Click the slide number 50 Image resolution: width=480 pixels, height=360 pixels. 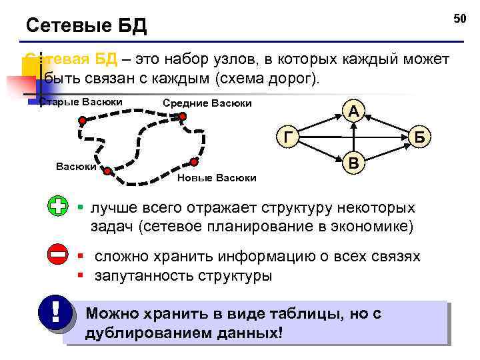pos(460,18)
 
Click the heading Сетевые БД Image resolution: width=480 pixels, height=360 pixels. pos(86,26)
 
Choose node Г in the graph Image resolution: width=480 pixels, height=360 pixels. pos(287,137)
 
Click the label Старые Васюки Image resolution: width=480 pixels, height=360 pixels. pos(81,101)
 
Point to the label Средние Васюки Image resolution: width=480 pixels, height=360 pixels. pos(207,103)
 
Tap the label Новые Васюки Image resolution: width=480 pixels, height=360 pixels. pos(217,177)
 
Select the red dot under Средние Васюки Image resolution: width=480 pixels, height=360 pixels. pos(182,117)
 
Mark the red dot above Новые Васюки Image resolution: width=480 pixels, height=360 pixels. pos(194,161)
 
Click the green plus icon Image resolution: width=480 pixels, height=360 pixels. pos(59,207)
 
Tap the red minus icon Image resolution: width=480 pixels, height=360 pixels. pos(59,254)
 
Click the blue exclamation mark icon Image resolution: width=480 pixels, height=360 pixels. pos(53,312)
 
